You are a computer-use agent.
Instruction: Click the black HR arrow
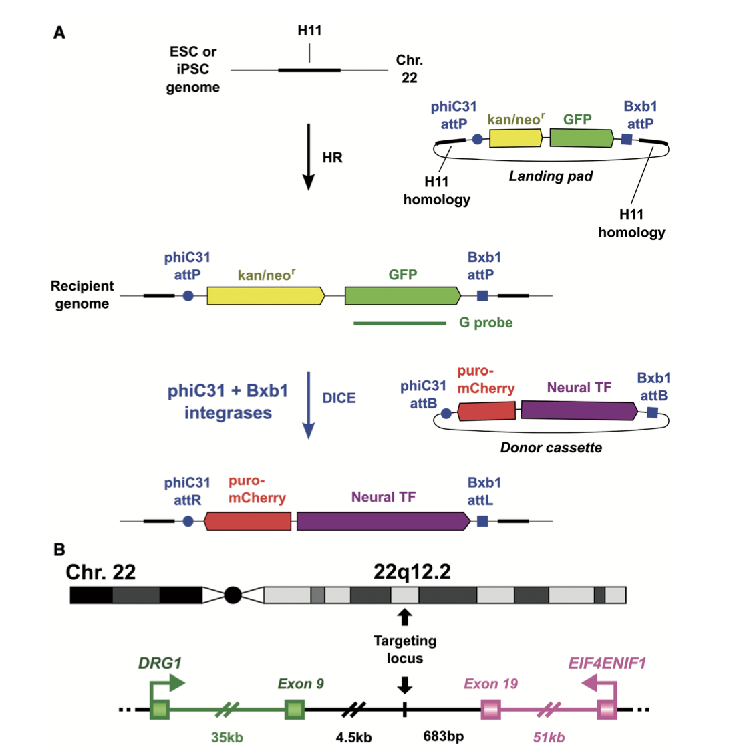(x=308, y=156)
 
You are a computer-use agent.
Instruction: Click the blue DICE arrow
(x=308, y=405)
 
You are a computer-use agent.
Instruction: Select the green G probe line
(x=400, y=323)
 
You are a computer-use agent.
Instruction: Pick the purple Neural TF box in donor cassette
(x=578, y=410)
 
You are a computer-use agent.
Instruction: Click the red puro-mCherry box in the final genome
(x=248, y=521)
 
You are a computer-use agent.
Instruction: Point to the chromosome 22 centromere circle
(x=233, y=595)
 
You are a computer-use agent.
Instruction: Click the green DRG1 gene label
(x=160, y=663)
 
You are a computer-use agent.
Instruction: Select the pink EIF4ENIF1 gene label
(x=607, y=663)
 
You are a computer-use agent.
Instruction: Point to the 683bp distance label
(x=443, y=736)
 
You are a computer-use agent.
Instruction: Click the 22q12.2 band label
(x=412, y=572)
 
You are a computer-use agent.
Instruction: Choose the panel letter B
(x=59, y=549)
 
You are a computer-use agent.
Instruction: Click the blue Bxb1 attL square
(x=482, y=521)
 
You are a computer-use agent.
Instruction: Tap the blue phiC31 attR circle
(x=188, y=521)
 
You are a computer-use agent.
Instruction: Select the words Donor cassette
(x=551, y=448)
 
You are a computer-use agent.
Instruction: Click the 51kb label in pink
(x=549, y=737)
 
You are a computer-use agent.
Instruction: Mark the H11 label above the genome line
(x=309, y=31)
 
